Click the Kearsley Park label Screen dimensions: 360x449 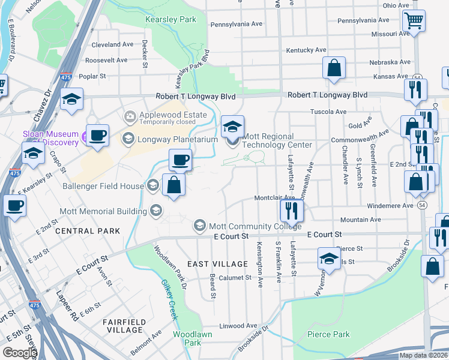171,20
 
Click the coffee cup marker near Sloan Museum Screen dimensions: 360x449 97,135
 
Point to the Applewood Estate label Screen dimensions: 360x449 173,115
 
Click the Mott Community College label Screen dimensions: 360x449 255,226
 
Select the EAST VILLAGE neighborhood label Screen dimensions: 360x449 217,264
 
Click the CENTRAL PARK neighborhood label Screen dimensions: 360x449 83,231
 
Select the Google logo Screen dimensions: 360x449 19,353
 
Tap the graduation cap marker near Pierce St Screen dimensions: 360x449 329,259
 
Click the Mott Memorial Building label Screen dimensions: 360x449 103,211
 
